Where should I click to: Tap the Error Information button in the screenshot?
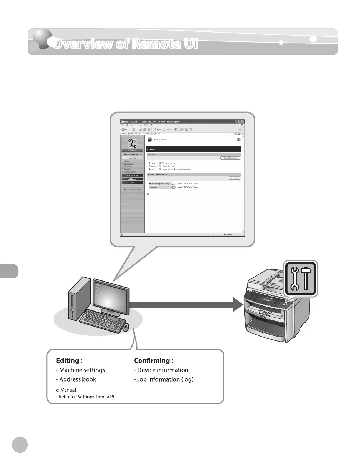[230, 158]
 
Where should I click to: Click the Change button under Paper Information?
[234, 178]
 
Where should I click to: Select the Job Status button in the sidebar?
[132, 176]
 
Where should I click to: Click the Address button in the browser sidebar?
[132, 179]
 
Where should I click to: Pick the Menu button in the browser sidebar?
[132, 183]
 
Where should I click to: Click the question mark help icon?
[239, 140]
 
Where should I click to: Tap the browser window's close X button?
[243, 122]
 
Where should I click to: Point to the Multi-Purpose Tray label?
[159, 184]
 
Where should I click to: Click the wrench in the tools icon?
[295, 279]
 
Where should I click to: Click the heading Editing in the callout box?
[69, 360]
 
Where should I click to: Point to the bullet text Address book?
[77, 379]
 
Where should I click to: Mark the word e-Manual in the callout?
[66, 390]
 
